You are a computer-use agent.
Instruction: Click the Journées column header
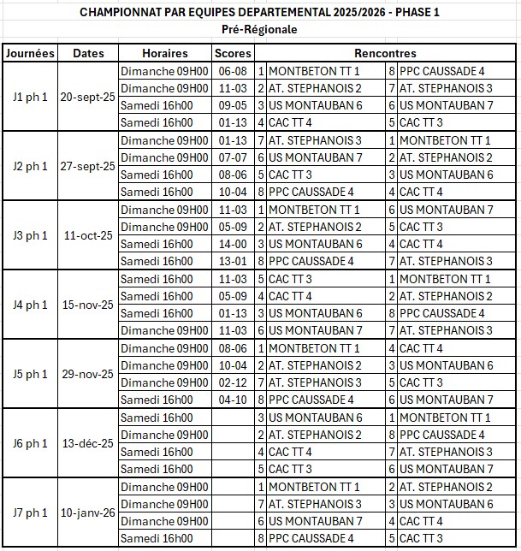pyautogui.click(x=30, y=53)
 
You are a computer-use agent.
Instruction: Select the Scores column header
pyautogui.click(x=233, y=53)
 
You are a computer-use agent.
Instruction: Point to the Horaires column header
pyautogui.click(x=165, y=53)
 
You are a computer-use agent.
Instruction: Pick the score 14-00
pyautogui.click(x=233, y=244)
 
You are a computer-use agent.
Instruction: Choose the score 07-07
pyautogui.click(x=233, y=157)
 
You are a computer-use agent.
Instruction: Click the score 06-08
pyautogui.click(x=233, y=71)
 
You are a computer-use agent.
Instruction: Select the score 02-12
pyautogui.click(x=233, y=382)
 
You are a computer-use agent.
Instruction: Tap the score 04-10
pyautogui.click(x=233, y=400)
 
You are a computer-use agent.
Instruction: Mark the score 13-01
pyautogui.click(x=233, y=261)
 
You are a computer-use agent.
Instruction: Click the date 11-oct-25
pyautogui.click(x=88, y=235)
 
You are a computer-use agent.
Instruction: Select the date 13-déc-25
pyautogui.click(x=88, y=443)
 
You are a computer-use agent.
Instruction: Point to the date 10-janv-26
pyautogui.click(x=88, y=512)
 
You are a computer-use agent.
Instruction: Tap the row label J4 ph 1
pyautogui.click(x=30, y=305)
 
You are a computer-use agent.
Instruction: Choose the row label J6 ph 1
pyautogui.click(x=30, y=443)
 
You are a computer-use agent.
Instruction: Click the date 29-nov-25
pyautogui.click(x=88, y=374)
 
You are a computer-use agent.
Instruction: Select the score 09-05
pyautogui.click(x=233, y=105)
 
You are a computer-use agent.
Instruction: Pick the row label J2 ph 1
pyautogui.click(x=30, y=166)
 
